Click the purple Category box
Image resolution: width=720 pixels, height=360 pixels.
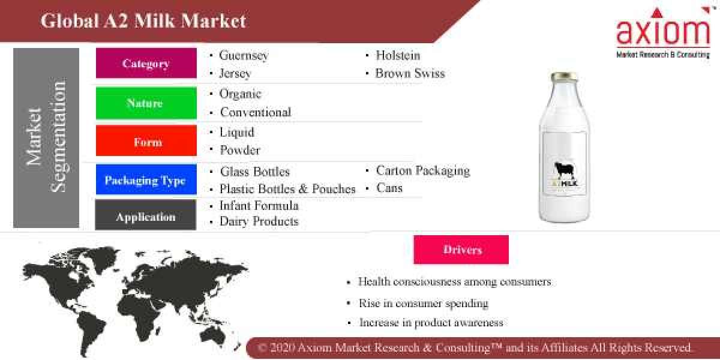[x=146, y=63]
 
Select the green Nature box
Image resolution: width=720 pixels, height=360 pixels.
[x=146, y=103]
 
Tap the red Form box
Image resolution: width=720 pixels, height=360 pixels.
[x=146, y=142]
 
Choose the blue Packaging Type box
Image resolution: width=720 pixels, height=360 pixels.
[x=146, y=180]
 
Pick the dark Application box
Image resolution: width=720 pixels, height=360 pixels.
[x=146, y=216]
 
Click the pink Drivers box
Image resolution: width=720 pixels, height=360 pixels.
[x=461, y=250]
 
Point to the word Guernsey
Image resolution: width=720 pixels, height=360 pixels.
[x=244, y=55]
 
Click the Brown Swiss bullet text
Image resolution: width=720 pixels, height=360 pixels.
[x=410, y=73]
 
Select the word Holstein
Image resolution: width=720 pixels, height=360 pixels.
[x=398, y=55]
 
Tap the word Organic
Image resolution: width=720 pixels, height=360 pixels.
[x=241, y=94]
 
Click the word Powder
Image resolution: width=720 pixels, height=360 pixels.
[x=240, y=149]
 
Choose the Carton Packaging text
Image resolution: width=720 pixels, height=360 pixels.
[x=422, y=170]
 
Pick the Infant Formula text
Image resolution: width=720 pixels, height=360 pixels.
[x=259, y=205]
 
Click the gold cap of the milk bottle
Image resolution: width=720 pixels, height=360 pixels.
[x=565, y=76]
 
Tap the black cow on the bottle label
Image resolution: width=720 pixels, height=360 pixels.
[x=565, y=171]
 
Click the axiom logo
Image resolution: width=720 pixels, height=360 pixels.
[x=663, y=33]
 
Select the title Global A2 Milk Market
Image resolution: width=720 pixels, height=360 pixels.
[x=143, y=21]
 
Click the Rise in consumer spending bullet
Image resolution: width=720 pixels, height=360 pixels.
[x=423, y=303]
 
